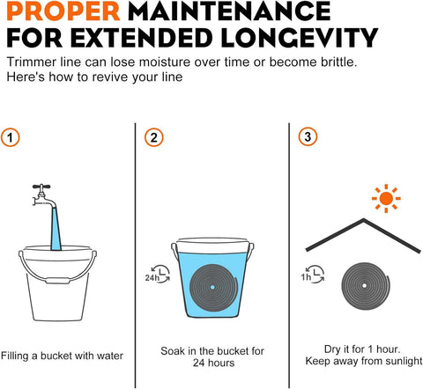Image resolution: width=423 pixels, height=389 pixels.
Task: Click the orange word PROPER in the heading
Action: click(63, 11)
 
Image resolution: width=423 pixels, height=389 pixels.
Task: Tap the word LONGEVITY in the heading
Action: click(300, 38)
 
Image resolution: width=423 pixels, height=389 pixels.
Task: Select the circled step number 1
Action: click(11, 137)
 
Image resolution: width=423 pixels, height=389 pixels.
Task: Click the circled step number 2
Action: click(154, 137)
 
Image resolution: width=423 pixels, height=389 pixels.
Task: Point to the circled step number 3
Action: click(308, 136)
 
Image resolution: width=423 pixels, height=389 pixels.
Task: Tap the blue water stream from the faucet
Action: click(56, 228)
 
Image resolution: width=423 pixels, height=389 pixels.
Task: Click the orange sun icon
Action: click(386, 198)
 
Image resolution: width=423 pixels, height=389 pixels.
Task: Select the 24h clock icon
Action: click(158, 274)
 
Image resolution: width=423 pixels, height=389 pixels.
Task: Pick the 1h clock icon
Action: click(313, 275)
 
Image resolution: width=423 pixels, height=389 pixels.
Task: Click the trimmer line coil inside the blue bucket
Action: click(213, 288)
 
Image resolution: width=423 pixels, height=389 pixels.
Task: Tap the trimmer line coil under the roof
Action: click(366, 286)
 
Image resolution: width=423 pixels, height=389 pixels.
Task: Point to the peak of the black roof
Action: click(364, 219)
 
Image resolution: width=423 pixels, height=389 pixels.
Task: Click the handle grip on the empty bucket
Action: click(58, 281)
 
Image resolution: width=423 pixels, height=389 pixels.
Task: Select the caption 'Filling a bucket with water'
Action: click(62, 356)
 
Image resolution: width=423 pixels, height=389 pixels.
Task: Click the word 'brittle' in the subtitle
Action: click(338, 62)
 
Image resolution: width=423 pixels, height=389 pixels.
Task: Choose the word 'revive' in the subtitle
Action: click(112, 77)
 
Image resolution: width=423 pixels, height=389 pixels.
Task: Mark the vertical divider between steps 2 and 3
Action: click(289, 255)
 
